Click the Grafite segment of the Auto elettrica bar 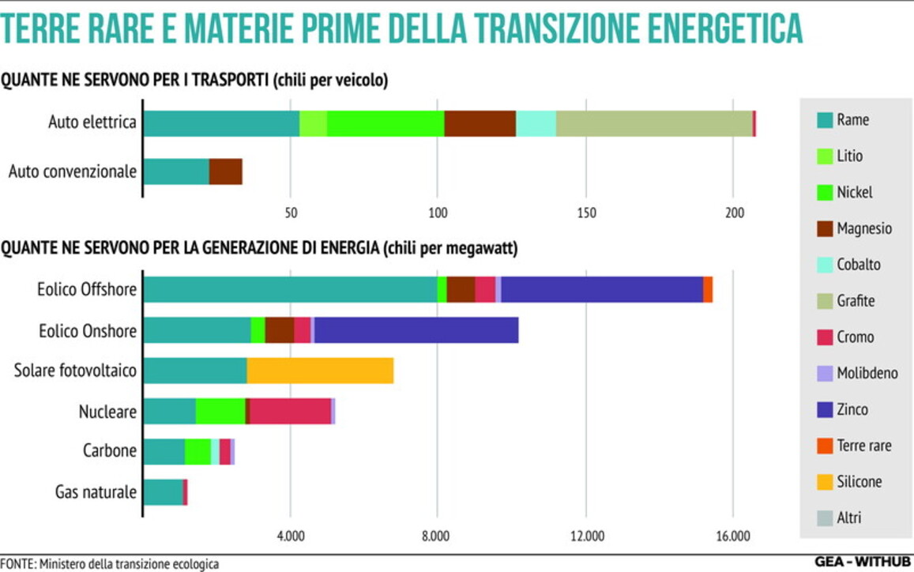point(654,123)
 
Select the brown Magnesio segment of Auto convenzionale point(226,171)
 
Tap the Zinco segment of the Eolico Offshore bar point(602,289)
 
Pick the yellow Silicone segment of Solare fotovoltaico point(320,371)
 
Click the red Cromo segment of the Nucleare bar point(290,411)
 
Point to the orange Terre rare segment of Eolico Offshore point(708,289)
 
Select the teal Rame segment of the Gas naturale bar point(163,491)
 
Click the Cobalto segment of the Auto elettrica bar point(536,123)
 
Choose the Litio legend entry point(850,156)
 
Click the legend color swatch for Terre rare point(825,446)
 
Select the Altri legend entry point(848,518)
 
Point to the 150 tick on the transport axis point(586,214)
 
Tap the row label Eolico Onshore point(87,330)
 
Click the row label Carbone point(109,451)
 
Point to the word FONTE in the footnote point(17,564)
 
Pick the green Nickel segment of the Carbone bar point(197,451)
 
